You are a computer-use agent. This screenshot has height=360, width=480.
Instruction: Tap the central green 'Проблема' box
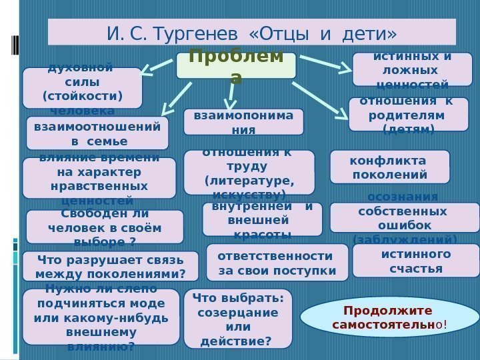[x=236, y=66]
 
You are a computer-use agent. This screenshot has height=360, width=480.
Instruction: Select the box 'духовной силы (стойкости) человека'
[x=82, y=87]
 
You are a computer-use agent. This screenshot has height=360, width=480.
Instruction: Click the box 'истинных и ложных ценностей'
[x=412, y=70]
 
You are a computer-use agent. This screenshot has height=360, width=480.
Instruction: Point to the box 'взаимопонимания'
[x=243, y=122]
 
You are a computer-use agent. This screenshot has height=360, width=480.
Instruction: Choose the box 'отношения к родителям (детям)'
[x=408, y=114]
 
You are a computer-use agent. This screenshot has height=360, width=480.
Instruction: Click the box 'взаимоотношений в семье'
[x=97, y=133]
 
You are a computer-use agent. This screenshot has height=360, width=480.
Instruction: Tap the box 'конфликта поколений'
[x=389, y=167]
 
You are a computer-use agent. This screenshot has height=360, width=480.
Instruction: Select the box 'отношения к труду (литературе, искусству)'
[x=249, y=171]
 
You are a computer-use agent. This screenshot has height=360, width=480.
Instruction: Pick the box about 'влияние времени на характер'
[x=99, y=178]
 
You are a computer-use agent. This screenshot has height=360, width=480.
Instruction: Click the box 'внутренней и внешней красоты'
[x=261, y=219]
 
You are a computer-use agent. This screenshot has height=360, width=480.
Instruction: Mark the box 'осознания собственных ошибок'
[x=404, y=217]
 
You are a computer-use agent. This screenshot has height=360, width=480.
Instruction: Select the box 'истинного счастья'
[x=415, y=261]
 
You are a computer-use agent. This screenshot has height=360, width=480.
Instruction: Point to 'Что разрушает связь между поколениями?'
[x=110, y=266]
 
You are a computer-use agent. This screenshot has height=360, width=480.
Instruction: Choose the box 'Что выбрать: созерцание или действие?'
[x=237, y=319]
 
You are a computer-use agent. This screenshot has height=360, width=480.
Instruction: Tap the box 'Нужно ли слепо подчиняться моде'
[x=101, y=317]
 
